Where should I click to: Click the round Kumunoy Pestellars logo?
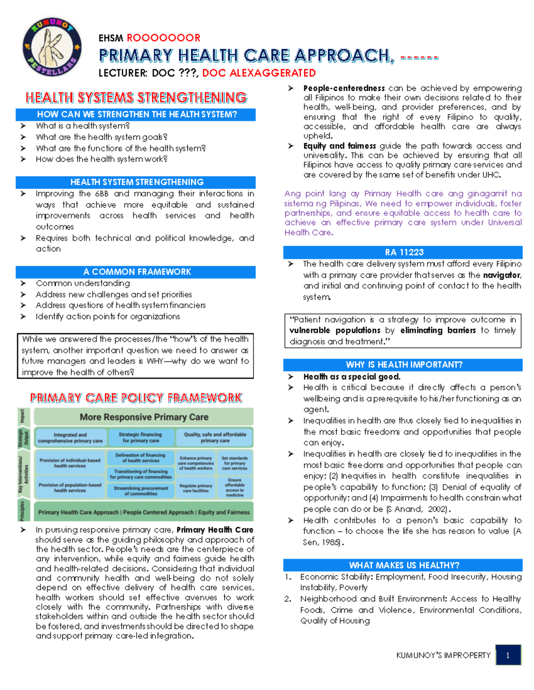click(x=52, y=48)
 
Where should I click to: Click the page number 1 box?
click(x=508, y=655)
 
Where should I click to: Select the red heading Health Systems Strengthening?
click(x=136, y=98)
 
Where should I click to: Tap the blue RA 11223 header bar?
click(x=403, y=252)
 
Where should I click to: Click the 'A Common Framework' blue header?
click(x=136, y=272)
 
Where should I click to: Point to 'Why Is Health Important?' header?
click(x=403, y=365)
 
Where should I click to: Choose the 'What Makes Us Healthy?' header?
click(x=403, y=565)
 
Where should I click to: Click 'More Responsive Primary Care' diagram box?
click(x=144, y=417)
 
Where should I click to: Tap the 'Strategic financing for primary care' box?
click(x=141, y=438)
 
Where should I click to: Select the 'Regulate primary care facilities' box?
click(x=196, y=488)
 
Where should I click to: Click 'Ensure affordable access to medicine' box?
click(x=235, y=487)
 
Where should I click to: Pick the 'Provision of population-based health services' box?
click(x=70, y=488)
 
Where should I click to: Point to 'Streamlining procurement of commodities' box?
click(x=141, y=491)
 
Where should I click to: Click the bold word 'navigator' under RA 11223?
click(x=502, y=275)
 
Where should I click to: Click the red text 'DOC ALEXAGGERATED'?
click(x=259, y=73)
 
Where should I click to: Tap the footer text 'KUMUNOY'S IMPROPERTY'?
click(x=443, y=655)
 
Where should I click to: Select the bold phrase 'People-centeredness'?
click(x=344, y=88)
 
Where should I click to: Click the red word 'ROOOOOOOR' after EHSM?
click(x=163, y=38)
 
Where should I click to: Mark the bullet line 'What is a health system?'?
click(x=83, y=126)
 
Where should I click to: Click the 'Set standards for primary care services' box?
click(x=235, y=463)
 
